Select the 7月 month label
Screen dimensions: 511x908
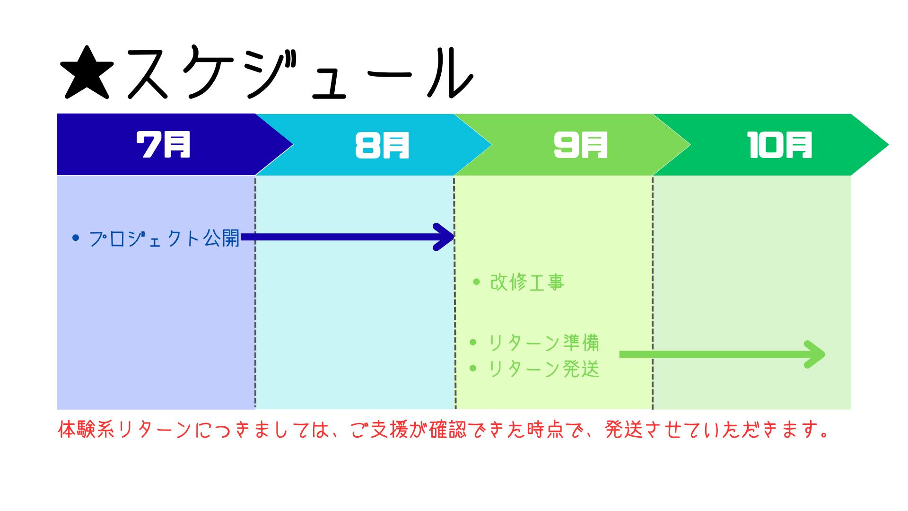pyautogui.click(x=163, y=144)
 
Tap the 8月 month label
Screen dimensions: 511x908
pyautogui.click(x=382, y=144)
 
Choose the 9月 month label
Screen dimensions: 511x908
pyautogui.click(x=581, y=144)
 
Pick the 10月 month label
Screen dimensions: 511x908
pyautogui.click(x=780, y=144)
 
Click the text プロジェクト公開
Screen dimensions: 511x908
pyautogui.click(x=164, y=238)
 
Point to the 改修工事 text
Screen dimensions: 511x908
pyautogui.click(x=527, y=283)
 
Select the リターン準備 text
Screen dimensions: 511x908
pyautogui.click(x=544, y=343)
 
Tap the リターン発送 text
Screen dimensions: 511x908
pyautogui.click(x=544, y=369)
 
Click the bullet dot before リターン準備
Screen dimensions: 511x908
pyautogui.click(x=472, y=342)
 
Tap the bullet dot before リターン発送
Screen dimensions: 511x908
pyautogui.click(x=472, y=368)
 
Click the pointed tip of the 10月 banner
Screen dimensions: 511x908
pyautogui.click(x=885, y=144)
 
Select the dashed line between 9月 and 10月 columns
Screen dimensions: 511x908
pyautogui.click(x=653, y=293)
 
